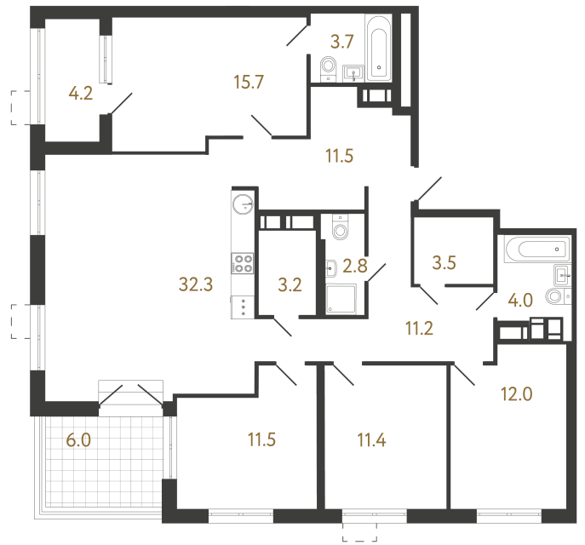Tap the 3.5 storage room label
444,262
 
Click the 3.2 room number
290,284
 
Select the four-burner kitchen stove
243,264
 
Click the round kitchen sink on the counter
243,203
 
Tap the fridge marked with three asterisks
243,307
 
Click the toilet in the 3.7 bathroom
328,67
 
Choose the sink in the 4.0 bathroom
562,274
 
